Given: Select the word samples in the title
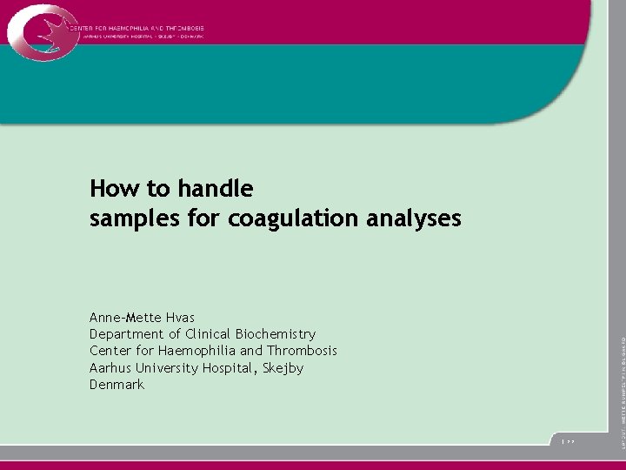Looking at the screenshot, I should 130,218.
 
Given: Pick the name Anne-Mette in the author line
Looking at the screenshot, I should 123,318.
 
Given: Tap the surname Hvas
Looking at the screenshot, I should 177,318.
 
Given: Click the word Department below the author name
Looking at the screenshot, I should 126,334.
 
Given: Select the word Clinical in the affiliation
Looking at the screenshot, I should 206,334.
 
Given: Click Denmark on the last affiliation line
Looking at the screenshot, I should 117,384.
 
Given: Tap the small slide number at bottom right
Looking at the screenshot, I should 568,443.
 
